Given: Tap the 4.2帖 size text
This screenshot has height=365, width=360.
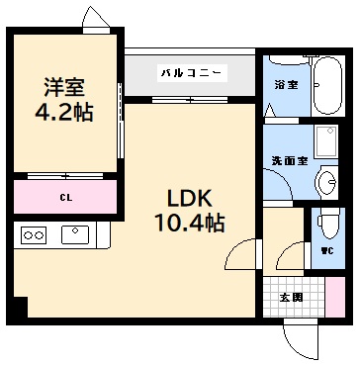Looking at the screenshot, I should coord(65,113).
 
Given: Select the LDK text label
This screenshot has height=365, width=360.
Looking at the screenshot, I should coord(186,195).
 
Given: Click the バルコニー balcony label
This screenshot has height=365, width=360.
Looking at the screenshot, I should coord(190,73).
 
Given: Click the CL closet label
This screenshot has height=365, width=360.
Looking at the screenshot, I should coord(65,197).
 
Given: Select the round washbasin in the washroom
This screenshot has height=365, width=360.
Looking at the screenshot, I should coord(328,181).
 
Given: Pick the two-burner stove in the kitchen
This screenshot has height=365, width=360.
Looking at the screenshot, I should coord(35,236).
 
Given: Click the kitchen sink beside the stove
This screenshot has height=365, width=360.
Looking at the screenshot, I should coord(74,234).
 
